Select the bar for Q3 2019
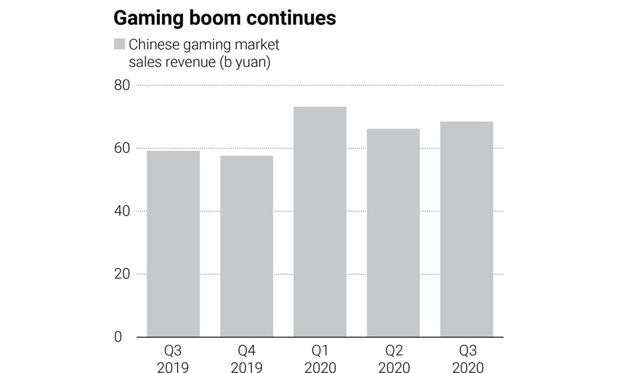[173, 244]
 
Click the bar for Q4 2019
[246, 246]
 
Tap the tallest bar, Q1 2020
[319, 222]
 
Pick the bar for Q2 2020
[393, 232]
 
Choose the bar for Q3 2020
[466, 229]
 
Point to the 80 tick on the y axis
[122, 85]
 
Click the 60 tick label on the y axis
[122, 148]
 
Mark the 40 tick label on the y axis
[122, 211]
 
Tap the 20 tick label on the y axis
[122, 274]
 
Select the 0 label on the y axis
[117, 337]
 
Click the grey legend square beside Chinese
[119, 44]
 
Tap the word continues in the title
[291, 18]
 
